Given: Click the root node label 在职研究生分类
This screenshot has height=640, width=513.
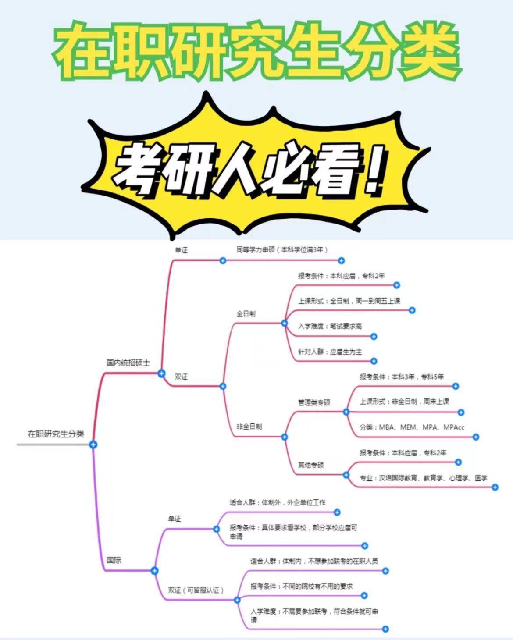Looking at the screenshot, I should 56,434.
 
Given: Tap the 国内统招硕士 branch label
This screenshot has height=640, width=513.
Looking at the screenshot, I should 128,363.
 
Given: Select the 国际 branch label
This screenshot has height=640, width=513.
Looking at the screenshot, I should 114,560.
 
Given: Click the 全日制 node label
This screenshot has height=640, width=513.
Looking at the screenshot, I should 246,314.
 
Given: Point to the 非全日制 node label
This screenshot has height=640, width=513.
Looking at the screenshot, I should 249,426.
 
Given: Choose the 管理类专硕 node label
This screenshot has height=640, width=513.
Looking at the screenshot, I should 314,402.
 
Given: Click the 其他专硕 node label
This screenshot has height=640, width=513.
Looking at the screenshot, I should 311,465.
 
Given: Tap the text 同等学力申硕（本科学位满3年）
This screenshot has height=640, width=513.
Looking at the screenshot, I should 282,249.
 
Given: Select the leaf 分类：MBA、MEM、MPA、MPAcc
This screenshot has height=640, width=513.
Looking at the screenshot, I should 412,427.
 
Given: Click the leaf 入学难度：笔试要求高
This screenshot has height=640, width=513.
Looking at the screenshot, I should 330,326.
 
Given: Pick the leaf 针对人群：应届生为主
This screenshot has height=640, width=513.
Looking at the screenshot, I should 330,352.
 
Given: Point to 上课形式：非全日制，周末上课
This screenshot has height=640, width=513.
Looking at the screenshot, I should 404,402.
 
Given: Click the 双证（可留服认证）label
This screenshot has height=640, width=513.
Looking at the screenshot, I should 196,590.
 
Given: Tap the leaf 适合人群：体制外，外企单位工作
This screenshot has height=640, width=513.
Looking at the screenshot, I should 278,502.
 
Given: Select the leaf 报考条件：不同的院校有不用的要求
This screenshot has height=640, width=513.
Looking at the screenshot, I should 302,586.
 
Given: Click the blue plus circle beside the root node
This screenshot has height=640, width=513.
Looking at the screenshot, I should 93,444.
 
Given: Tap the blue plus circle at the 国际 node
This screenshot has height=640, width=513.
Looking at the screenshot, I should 154,571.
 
